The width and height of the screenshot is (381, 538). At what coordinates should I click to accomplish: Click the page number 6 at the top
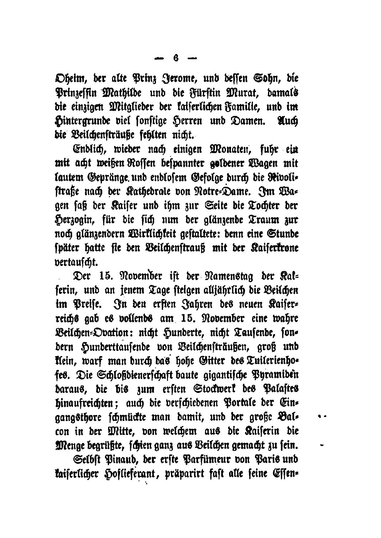176,58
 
